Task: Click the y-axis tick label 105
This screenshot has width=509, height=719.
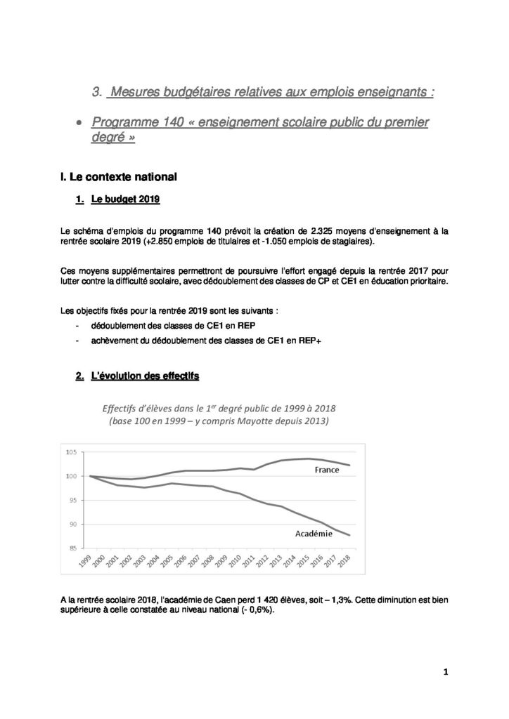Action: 72,452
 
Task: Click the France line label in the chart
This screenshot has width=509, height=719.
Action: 327,470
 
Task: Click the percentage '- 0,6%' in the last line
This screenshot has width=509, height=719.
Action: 254,612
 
